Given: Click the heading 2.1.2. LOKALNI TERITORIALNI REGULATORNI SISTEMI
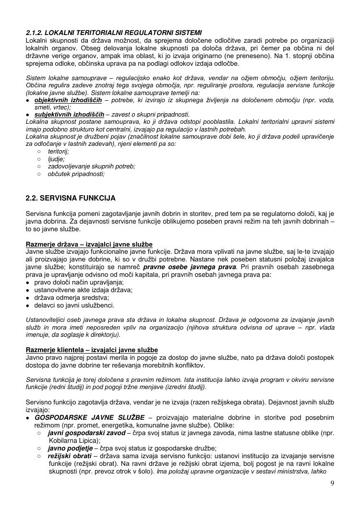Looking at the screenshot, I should pos(114,32).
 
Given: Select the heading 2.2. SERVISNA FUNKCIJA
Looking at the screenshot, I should pos(71,198).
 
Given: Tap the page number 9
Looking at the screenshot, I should pos(332,483).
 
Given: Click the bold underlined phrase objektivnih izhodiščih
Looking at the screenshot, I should pos(68,100).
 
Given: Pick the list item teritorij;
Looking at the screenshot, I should pos(59,151).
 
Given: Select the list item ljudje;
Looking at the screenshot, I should pos(56,159).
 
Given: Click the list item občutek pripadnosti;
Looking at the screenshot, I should pos(76,174).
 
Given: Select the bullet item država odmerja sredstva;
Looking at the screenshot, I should pos(72,297).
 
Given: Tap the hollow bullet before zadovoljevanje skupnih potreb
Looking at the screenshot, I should pos(38,166).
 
